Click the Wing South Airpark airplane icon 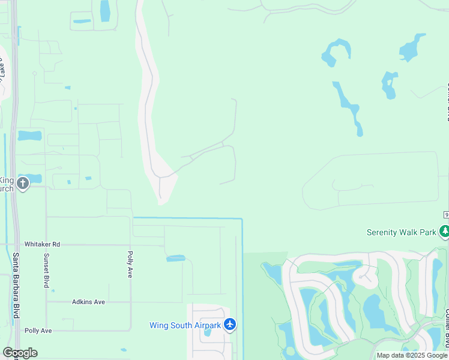coord(229,325)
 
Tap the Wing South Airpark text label coord(185,325)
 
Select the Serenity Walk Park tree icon coord(444,232)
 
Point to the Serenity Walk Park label coord(401,232)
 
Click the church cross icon coord(23,184)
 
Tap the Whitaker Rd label coord(42,244)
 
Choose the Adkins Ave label coord(88,302)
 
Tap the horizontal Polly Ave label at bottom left coord(38,331)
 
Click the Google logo coord(20,353)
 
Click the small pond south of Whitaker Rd coord(176,259)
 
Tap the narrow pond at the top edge coord(105,10)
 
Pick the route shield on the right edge coord(446,215)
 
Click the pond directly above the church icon coord(29,136)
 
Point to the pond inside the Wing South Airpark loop coord(208,332)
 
